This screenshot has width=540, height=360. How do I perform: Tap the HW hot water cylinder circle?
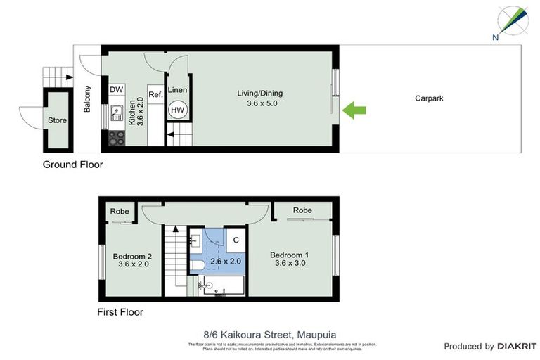[x=178, y=110]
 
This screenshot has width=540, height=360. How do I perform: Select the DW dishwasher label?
[x=117, y=90]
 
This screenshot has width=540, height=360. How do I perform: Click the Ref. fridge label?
[x=155, y=94]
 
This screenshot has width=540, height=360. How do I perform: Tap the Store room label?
[x=57, y=120]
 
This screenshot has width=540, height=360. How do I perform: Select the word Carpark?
[x=429, y=98]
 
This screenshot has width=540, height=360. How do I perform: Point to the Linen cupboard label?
[x=178, y=90]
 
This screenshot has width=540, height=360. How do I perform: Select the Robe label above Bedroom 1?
[x=302, y=210]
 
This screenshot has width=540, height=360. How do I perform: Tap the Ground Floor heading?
[x=73, y=165]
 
